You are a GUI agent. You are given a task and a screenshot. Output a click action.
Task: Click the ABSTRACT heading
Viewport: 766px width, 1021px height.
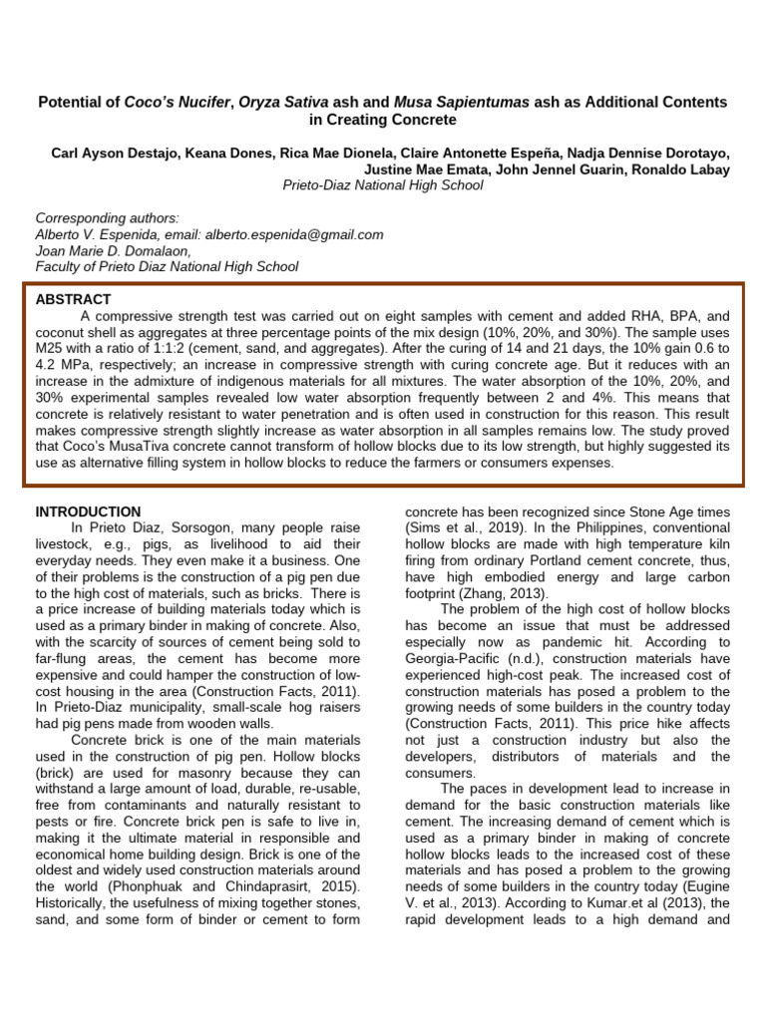(x=73, y=299)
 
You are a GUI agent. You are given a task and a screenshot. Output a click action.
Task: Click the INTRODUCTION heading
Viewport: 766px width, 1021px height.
(x=88, y=511)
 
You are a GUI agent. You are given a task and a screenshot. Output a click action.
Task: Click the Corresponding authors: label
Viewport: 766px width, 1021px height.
(x=107, y=218)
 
